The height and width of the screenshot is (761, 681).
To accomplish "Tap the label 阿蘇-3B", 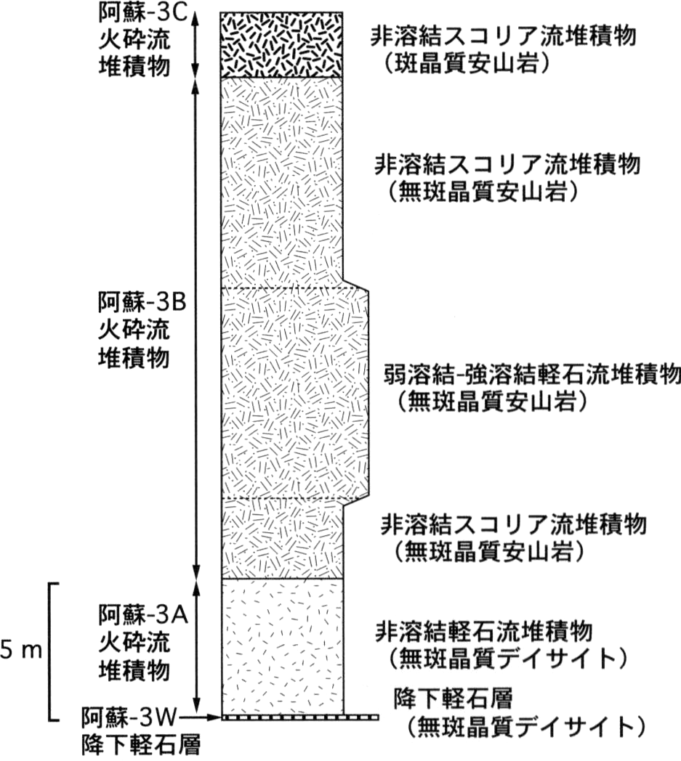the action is [142, 301].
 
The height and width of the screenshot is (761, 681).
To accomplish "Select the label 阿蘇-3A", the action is [143, 614].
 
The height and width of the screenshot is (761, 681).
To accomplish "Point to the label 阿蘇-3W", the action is [131, 717].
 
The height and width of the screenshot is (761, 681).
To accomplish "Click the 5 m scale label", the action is [22, 651].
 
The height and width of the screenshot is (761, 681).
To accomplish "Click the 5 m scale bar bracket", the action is [51, 651].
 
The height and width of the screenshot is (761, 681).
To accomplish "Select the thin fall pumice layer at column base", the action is [299, 717].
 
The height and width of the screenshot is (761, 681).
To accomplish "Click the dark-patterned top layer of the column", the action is [282, 44].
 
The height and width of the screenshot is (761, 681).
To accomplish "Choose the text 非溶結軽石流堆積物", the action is [484, 631].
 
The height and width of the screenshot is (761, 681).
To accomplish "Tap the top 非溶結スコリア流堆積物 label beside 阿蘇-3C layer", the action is [503, 36].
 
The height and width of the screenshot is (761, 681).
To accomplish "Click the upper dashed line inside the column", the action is [289, 288].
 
